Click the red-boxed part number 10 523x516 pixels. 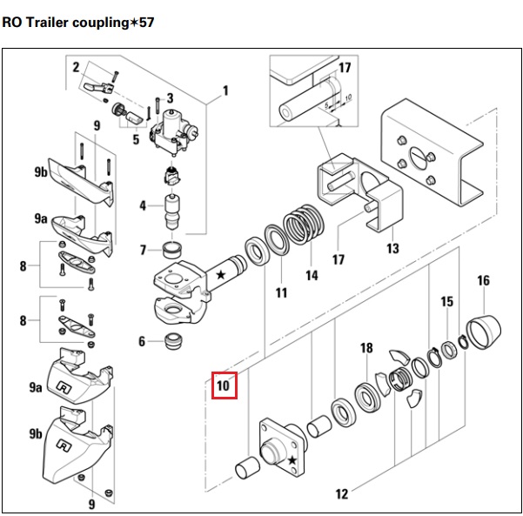pyautogui.click(x=224, y=384)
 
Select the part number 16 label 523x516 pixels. pyautogui.click(x=484, y=280)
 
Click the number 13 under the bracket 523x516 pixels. pyautogui.click(x=392, y=250)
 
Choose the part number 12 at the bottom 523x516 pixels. pyautogui.click(x=341, y=493)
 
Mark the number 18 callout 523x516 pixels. pyautogui.click(x=366, y=348)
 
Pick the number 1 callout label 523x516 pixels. pyautogui.click(x=225, y=90)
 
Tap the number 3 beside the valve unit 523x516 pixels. pyautogui.click(x=170, y=97)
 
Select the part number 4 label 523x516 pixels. pyautogui.click(x=143, y=206)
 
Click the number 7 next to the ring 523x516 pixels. pyautogui.click(x=143, y=251)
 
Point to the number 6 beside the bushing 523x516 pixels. pyautogui.click(x=142, y=341)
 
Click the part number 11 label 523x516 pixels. pyautogui.click(x=281, y=293)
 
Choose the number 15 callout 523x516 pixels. pyautogui.click(x=447, y=302)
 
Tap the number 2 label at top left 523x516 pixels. pyautogui.click(x=77, y=67)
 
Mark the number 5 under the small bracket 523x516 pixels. pyautogui.click(x=136, y=139)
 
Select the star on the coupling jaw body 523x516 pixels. pyautogui.click(x=220, y=274)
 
